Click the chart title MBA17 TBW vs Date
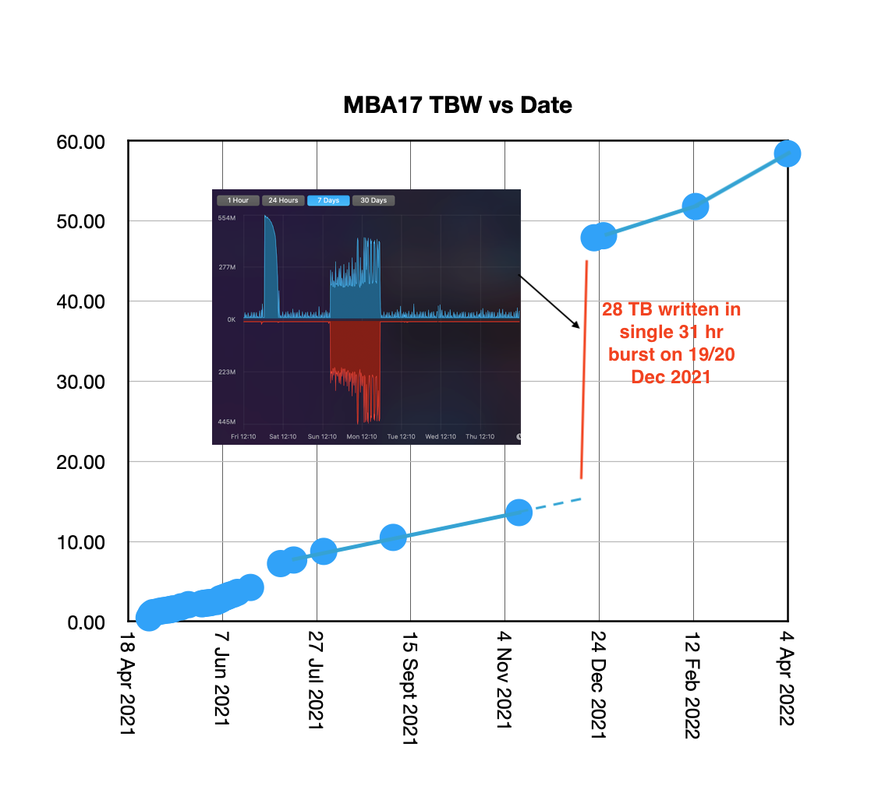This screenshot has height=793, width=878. click(458, 105)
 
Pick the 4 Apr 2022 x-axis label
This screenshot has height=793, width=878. click(787, 678)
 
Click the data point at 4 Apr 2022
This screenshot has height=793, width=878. click(788, 153)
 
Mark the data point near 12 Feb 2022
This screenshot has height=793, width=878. click(695, 206)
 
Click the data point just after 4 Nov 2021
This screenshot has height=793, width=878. click(519, 512)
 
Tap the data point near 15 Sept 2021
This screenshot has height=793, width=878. click(393, 537)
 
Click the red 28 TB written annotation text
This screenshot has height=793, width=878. click(671, 343)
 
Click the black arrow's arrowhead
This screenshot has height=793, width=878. click(577, 326)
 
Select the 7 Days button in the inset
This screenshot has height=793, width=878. click(328, 200)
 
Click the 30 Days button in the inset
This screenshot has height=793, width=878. click(374, 200)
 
